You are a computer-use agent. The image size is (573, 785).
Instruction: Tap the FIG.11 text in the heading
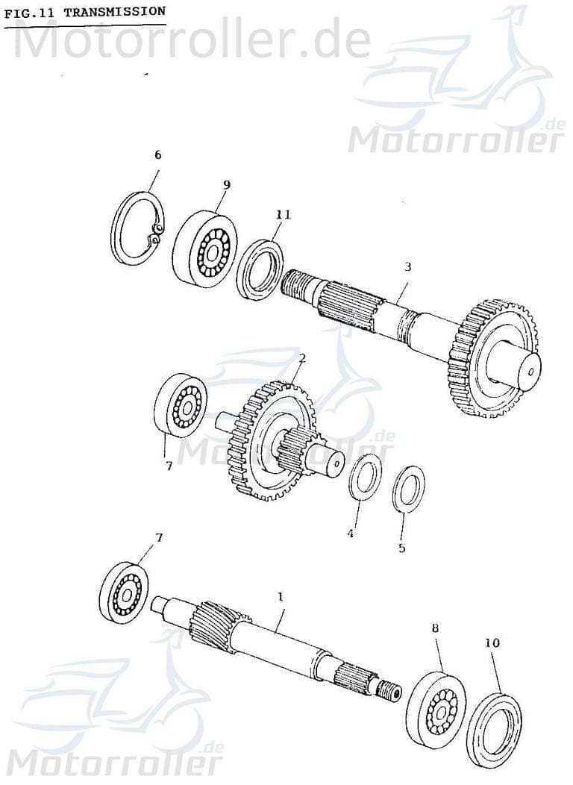[x=31, y=13]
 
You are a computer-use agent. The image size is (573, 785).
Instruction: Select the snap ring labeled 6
[x=138, y=228]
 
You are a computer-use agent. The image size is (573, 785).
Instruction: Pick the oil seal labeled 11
[x=260, y=269]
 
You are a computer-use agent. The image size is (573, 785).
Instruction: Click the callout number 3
[x=407, y=266]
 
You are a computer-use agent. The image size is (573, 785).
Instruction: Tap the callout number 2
[x=302, y=359]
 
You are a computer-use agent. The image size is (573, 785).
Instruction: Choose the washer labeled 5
[x=408, y=489]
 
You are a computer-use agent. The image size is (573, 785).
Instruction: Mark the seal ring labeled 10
[x=494, y=730]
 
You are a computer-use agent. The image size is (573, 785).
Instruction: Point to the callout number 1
[x=281, y=597]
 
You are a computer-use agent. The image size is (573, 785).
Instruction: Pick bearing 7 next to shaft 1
[x=123, y=593]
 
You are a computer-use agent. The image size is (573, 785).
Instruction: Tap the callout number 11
[x=283, y=215]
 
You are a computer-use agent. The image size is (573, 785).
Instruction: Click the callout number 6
[x=157, y=155]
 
